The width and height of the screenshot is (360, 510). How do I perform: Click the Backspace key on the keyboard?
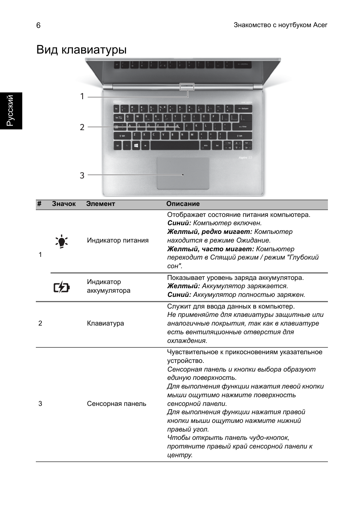(x=242, y=109)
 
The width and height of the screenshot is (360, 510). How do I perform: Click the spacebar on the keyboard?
(x=175, y=145)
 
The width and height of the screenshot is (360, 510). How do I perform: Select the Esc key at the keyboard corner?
(x=117, y=109)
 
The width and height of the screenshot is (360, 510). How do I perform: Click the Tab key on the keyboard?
(x=118, y=117)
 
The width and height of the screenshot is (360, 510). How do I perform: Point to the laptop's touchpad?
(x=183, y=174)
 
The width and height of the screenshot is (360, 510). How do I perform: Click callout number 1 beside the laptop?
(x=82, y=97)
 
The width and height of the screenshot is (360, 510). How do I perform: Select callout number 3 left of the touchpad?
(x=82, y=175)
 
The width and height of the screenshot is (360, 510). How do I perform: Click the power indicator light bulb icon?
(x=62, y=241)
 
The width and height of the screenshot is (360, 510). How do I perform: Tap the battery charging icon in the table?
(x=62, y=288)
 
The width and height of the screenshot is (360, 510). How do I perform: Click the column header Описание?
(x=183, y=204)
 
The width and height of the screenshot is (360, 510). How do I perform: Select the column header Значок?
(x=64, y=204)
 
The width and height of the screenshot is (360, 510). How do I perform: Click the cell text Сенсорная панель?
(x=116, y=404)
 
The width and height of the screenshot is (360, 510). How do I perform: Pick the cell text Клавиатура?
(x=105, y=323)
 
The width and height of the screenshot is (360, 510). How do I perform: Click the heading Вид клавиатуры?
(x=82, y=50)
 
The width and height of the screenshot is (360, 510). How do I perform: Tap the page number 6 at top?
(x=38, y=25)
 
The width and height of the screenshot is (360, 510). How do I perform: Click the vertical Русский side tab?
(x=11, y=110)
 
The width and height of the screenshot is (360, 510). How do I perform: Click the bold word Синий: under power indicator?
(x=179, y=223)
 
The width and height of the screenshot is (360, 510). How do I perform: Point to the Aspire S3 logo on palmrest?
(x=245, y=157)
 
